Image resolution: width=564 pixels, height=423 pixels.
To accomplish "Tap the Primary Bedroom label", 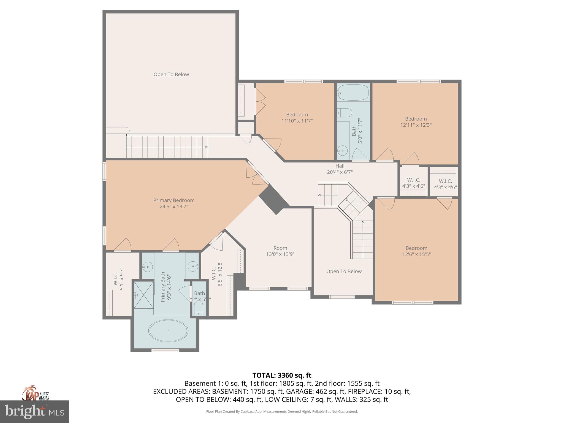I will tap(174, 200).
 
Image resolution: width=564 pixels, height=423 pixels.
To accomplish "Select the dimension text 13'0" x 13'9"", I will tap(280, 254).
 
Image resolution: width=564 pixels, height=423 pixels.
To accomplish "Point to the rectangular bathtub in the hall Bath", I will tap(353, 92).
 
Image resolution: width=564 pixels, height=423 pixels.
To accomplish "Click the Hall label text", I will tap(340, 166).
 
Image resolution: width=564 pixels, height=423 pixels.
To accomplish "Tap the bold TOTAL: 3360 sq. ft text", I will tap(282, 375).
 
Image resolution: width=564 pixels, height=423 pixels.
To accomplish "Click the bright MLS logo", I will tap(34, 412).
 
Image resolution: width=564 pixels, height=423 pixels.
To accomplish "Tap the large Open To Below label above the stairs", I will tap(171, 74).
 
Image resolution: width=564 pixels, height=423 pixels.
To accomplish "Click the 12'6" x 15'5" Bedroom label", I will tap(416, 251).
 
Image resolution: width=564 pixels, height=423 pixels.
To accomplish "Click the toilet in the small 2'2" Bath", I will tap(199, 309).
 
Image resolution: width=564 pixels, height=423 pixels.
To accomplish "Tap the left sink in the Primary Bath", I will tap(148, 267).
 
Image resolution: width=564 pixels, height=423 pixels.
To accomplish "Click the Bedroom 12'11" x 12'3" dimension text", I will tap(416, 125).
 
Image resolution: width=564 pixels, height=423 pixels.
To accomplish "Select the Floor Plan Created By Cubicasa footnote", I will tap(282, 411).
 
